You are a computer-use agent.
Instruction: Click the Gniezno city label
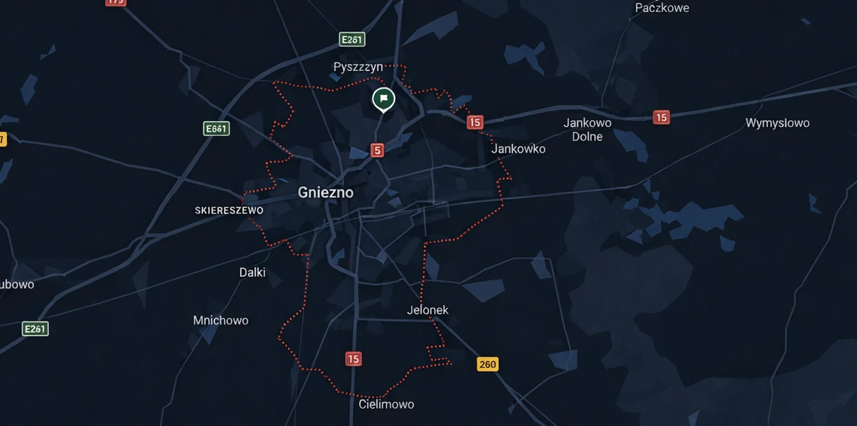pos(325,192)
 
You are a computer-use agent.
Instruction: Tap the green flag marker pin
pos(384,98)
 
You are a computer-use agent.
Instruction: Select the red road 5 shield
pos(377,150)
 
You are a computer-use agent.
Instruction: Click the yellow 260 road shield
pos(487,364)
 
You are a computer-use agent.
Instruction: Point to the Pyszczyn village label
pos(358,67)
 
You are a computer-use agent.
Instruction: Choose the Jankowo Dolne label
pos(587,129)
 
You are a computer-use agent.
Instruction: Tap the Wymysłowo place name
pos(777,122)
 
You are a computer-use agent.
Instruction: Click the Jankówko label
pos(518,149)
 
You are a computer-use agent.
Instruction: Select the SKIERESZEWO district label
pos(229,210)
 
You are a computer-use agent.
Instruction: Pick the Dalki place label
pos(252,272)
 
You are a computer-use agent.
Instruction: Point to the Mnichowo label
pos(221,320)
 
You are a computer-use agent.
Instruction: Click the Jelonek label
pos(427,310)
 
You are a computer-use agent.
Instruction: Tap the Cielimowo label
pos(386,404)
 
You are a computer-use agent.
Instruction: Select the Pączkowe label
pos(662,8)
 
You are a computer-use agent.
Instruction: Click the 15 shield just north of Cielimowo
pos(354,359)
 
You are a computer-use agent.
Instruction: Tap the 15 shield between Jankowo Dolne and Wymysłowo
pos(661,117)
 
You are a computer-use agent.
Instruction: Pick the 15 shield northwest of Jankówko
pos(475,122)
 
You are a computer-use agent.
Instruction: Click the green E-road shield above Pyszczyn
pos(352,40)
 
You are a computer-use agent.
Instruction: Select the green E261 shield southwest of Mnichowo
pos(35,328)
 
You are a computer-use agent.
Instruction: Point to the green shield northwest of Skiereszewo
pos(216,128)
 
